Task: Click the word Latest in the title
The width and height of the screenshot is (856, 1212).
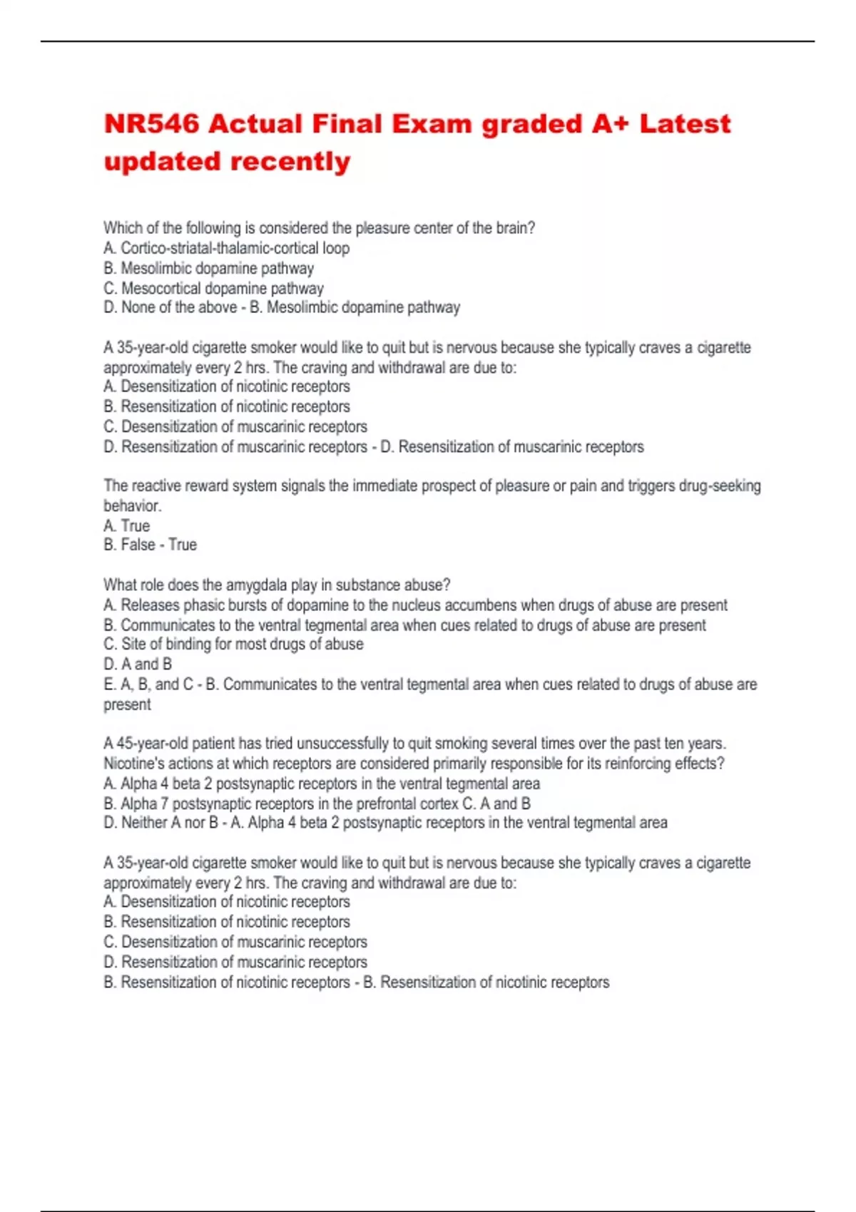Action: click(685, 124)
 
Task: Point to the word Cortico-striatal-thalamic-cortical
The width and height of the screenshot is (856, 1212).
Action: click(219, 248)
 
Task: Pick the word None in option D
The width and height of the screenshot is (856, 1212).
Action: click(138, 307)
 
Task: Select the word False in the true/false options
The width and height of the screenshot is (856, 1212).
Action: click(138, 545)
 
